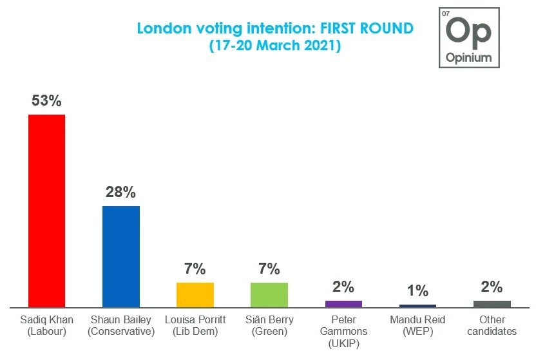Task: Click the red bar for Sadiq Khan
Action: [46, 211]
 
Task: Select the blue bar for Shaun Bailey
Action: [121, 256]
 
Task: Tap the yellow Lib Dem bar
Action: [195, 294]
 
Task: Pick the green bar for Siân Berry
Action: [269, 294]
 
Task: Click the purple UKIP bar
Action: [343, 304]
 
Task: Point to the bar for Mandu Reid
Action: [417, 306]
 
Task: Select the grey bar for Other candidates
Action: [492, 304]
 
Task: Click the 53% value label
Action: [46, 100]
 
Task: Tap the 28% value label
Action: [121, 192]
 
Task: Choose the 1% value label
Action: [417, 290]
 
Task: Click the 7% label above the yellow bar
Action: [195, 269]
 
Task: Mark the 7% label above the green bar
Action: [269, 269]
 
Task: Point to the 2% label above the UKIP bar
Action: [343, 287]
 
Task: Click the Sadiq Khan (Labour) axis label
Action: [46, 325]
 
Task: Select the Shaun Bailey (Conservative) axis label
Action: [121, 325]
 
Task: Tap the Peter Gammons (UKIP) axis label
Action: [343, 331]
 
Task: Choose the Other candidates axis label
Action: [492, 325]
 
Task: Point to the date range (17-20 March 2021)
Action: [275, 46]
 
